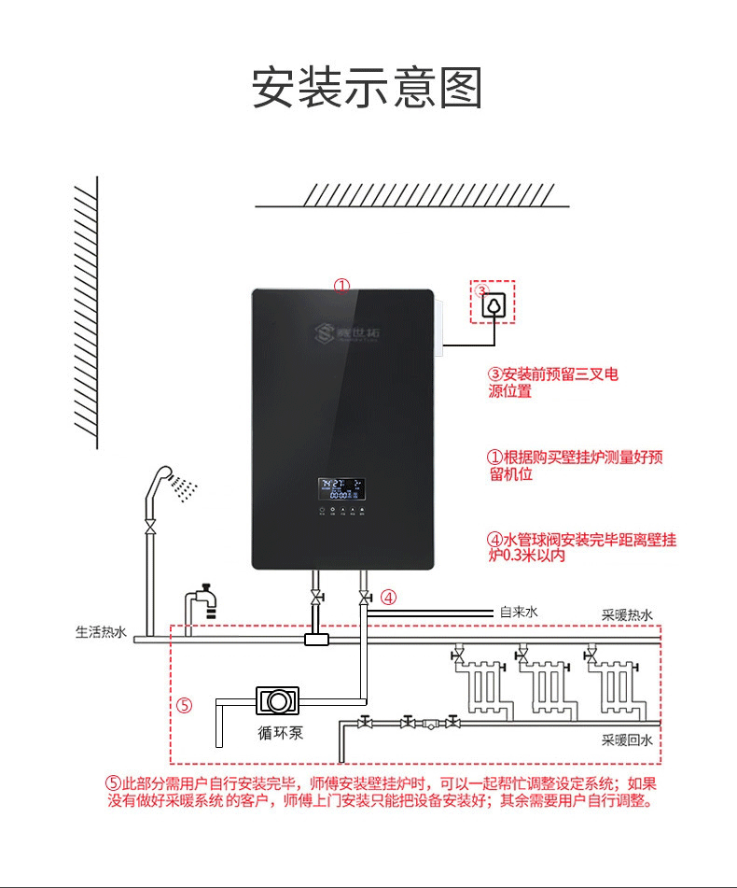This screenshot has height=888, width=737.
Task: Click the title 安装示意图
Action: click(368, 88)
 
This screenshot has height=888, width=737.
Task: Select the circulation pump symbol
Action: click(277, 699)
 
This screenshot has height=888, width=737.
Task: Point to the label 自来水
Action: click(519, 613)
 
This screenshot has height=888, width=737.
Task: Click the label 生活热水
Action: click(101, 632)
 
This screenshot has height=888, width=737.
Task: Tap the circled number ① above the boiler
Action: click(342, 285)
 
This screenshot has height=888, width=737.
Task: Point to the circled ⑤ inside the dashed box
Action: click(184, 705)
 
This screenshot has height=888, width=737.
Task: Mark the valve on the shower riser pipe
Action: click(149, 527)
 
